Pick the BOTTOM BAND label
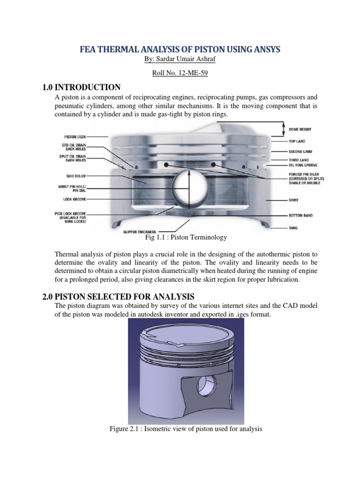pyautogui.click(x=301, y=216)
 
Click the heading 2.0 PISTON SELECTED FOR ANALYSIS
pyautogui.click(x=118, y=296)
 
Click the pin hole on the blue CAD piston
pyautogui.click(x=205, y=385)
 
